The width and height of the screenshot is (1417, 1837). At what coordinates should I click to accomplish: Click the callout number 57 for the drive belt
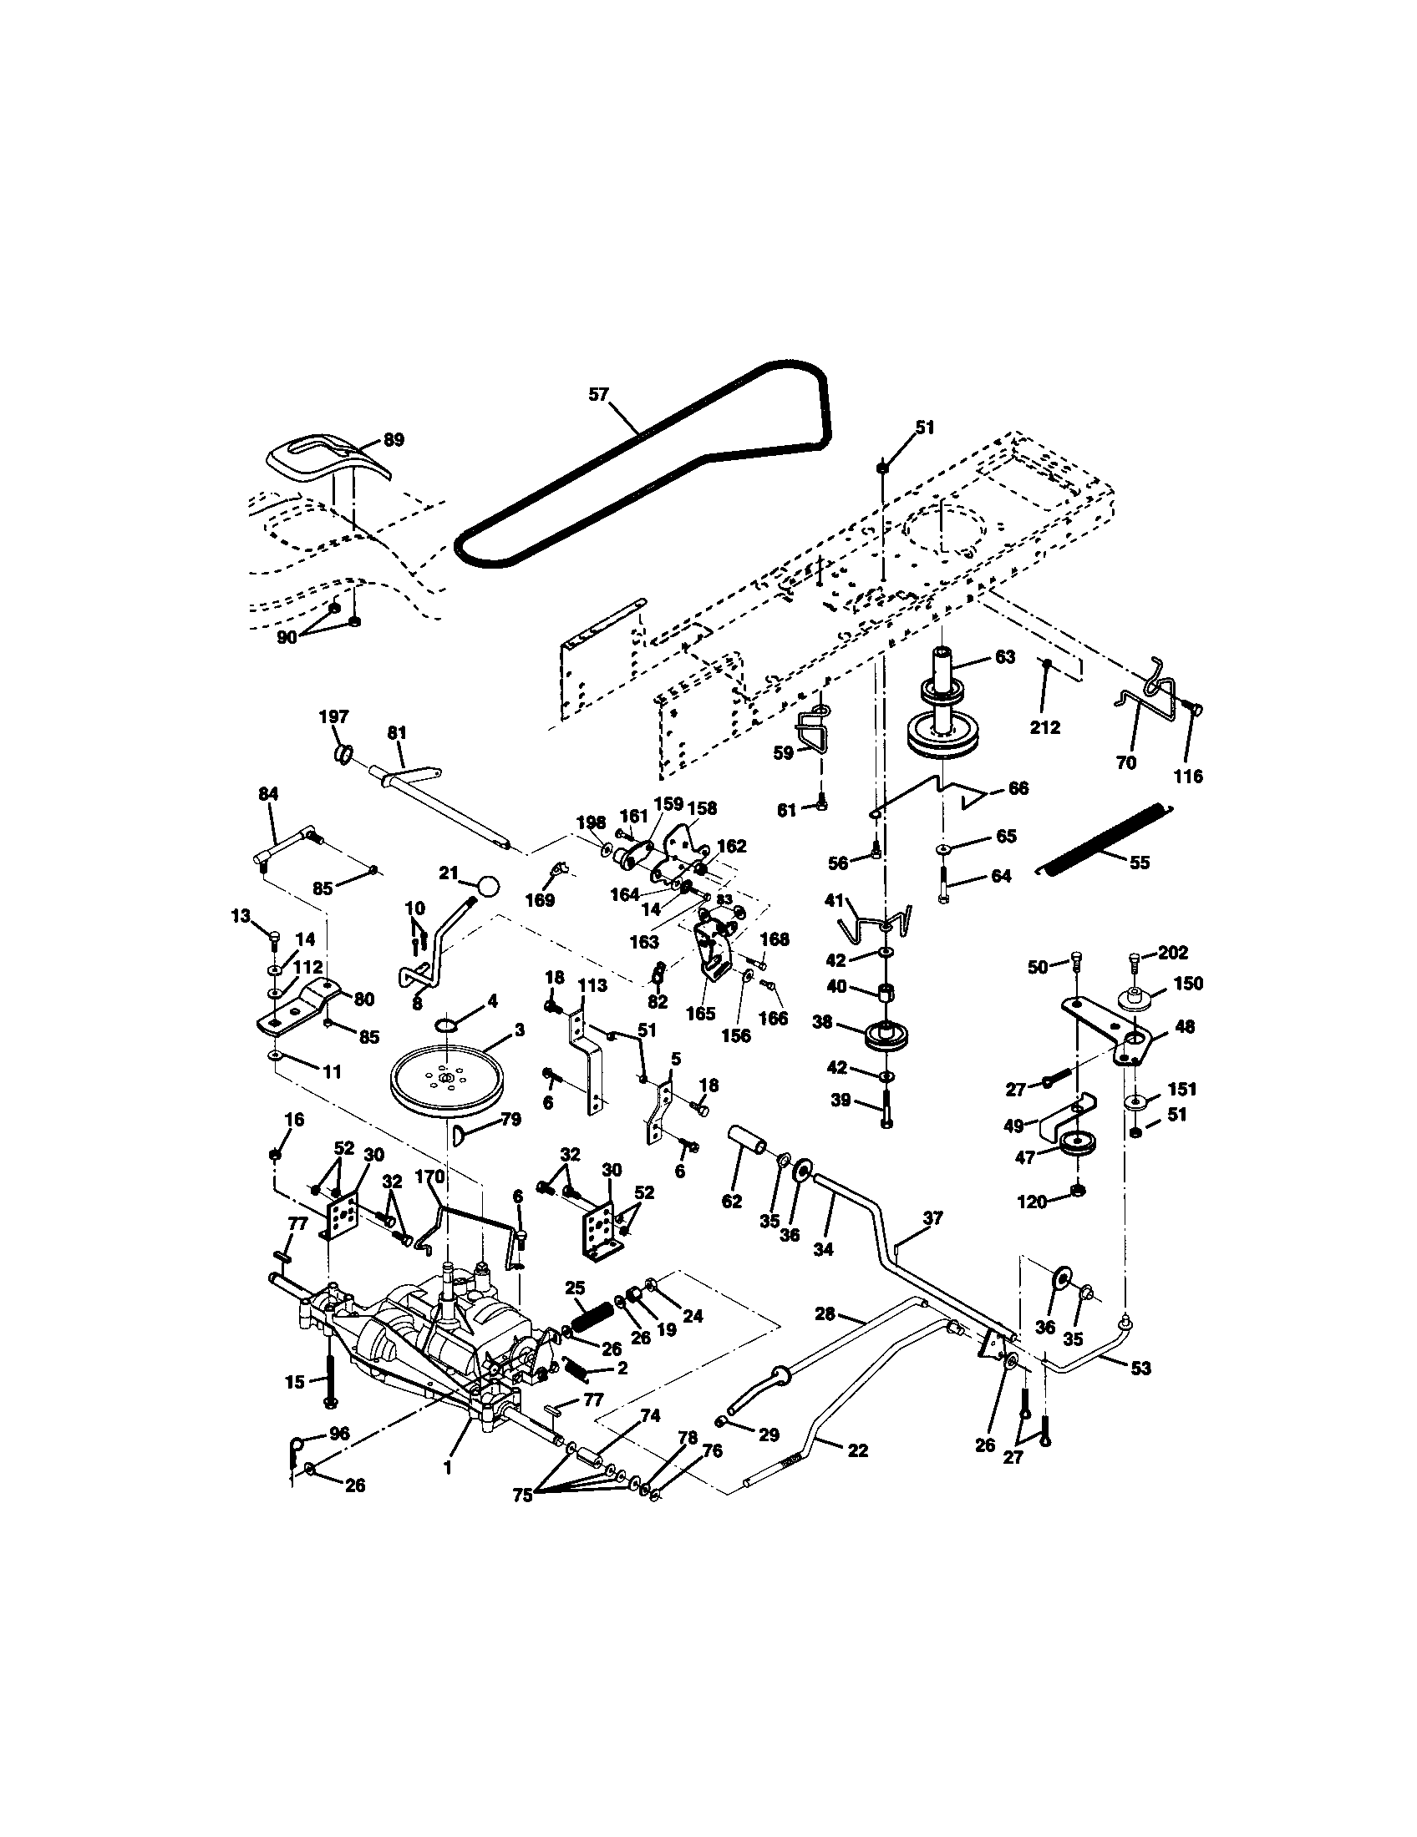(x=597, y=394)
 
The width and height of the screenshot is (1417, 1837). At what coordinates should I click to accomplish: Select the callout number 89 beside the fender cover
(x=393, y=439)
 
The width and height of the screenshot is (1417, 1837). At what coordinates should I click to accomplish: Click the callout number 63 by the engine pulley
(x=1005, y=657)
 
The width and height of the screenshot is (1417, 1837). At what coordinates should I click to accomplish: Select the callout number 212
(x=1045, y=727)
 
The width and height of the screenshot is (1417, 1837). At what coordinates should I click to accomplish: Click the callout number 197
(x=333, y=716)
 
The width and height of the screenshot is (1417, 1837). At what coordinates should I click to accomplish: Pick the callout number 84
(x=268, y=793)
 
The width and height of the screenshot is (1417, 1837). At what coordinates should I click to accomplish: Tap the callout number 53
(x=1140, y=1368)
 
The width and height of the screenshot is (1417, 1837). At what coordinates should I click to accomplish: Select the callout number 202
(x=1173, y=953)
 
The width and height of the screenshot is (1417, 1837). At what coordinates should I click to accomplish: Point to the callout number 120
(x=1033, y=1202)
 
